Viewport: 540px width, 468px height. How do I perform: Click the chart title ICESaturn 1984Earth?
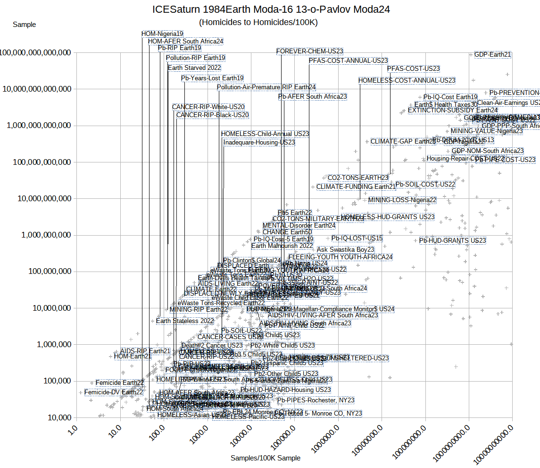pyautogui.click(x=271, y=9)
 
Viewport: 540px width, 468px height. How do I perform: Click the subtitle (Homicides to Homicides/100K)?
pyautogui.click(x=258, y=22)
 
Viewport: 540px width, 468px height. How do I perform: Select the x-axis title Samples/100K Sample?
pyautogui.click(x=265, y=458)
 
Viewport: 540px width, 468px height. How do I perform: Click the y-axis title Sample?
pyautogui.click(x=24, y=25)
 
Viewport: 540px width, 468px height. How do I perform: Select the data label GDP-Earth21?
pyautogui.click(x=492, y=54)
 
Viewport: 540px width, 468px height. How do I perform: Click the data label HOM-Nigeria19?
pyautogui.click(x=162, y=34)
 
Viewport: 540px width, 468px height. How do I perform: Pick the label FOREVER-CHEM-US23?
pyautogui.click(x=309, y=51)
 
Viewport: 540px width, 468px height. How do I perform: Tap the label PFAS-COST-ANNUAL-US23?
pyautogui.click(x=348, y=60)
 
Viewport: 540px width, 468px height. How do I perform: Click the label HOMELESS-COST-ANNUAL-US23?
pyautogui.click(x=407, y=80)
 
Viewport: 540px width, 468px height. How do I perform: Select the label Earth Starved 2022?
pyautogui.click(x=194, y=68)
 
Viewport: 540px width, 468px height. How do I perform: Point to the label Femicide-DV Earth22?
pyautogui.click(x=114, y=392)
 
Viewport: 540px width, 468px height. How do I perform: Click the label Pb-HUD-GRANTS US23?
pyautogui.click(x=452, y=240)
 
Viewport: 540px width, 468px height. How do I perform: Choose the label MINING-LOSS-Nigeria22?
pyautogui.click(x=402, y=200)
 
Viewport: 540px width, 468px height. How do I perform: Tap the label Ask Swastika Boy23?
pyautogui.click(x=345, y=249)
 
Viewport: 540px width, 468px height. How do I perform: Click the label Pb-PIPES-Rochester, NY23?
pyautogui.click(x=316, y=400)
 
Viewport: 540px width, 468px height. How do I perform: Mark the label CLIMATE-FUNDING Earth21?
pyautogui.click(x=356, y=187)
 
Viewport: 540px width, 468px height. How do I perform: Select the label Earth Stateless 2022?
pyautogui.click(x=185, y=321)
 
